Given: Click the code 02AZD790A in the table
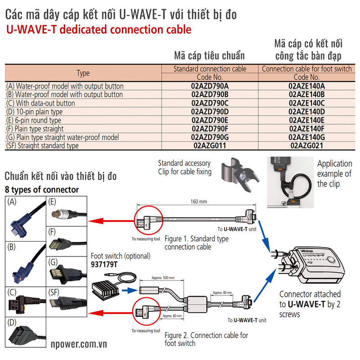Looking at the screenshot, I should tap(210, 86).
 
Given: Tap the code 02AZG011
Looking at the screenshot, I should tap(210, 146).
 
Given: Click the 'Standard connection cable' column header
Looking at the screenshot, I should tap(210, 69).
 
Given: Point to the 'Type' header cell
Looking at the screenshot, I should tap(83, 73).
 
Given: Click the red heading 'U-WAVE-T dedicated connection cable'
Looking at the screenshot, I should tap(99, 30).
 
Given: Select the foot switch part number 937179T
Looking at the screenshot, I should tap(104, 265).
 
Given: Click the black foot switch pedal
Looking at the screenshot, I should tap(105, 288).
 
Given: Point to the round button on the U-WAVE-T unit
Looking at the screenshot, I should tap(332, 261).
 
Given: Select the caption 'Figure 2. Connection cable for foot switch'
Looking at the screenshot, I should tap(206, 339).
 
